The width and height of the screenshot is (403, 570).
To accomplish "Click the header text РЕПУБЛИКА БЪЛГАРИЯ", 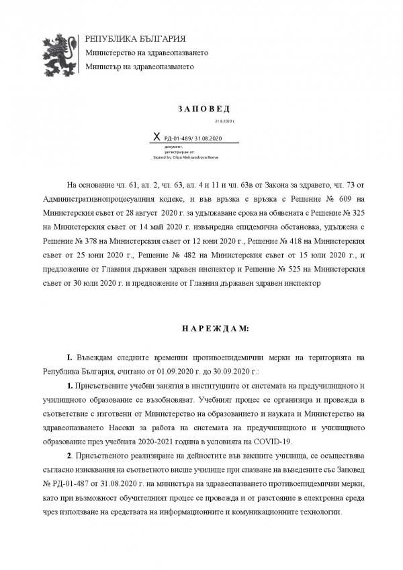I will pyautogui.click(x=135, y=39).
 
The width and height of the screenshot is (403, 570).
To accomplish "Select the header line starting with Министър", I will pyautogui.click(x=139, y=67).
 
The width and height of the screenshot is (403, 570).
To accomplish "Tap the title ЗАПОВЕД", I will pyautogui.click(x=204, y=108).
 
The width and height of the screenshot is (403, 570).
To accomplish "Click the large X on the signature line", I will pyautogui.click(x=157, y=137).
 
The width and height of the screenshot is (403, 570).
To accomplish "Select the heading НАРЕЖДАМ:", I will pyautogui.click(x=206, y=329).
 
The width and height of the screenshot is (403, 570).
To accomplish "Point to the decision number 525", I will pyautogui.click(x=282, y=270).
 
